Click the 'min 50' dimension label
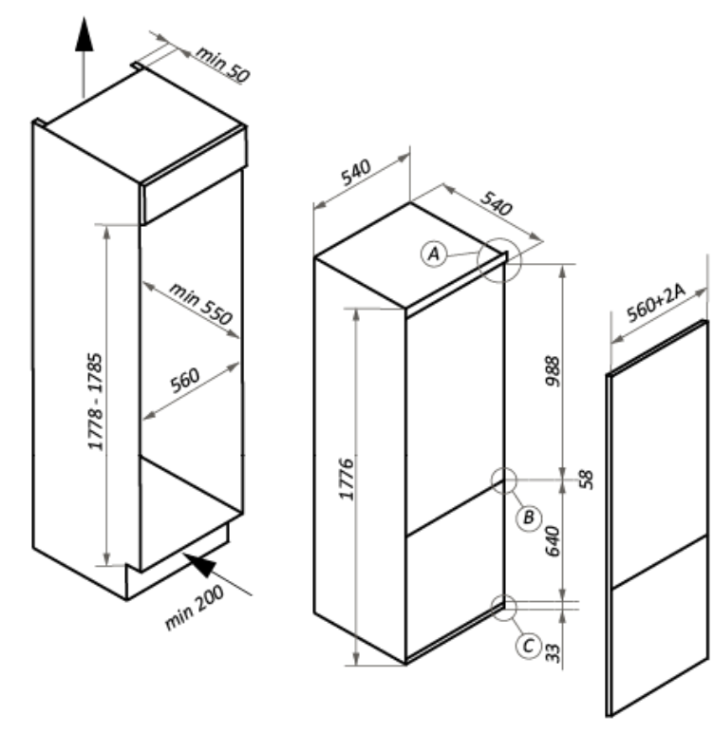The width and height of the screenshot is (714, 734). coord(222,65)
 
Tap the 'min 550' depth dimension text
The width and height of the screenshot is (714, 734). coord(200,303)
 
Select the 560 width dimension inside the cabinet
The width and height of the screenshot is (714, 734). coord(185,380)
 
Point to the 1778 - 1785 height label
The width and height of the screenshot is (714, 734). coord(95,402)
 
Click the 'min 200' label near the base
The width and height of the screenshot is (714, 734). coord(195,607)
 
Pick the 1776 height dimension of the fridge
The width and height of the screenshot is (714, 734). coord(347,480)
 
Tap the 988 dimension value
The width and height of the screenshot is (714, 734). coord(553,371)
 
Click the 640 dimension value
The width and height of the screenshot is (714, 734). coord(553,541)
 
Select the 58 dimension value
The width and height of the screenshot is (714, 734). coord(586,480)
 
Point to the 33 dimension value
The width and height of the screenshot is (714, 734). coord(553,653)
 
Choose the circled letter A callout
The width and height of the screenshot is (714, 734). coord(434,254)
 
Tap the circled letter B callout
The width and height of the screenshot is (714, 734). coord(529,518)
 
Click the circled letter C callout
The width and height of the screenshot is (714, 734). coord(529,646)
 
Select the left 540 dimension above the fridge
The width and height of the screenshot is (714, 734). coord(356,172)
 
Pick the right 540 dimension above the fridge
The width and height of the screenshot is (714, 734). coord(496,203)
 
